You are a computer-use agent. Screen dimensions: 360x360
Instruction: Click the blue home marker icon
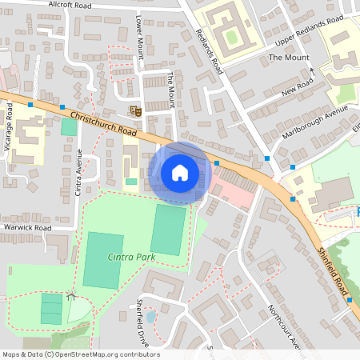coord(179,173)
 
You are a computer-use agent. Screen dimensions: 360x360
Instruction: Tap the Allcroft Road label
coord(71,4)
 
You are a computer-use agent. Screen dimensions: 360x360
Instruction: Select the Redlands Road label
coord(210,51)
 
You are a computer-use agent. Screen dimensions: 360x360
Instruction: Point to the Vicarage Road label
coord(10,124)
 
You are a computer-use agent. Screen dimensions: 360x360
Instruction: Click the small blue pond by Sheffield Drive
coord(152,318)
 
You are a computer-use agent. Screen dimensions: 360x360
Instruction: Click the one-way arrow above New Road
coord(313,71)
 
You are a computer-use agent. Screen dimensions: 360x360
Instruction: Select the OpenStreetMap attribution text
coord(81,354)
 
